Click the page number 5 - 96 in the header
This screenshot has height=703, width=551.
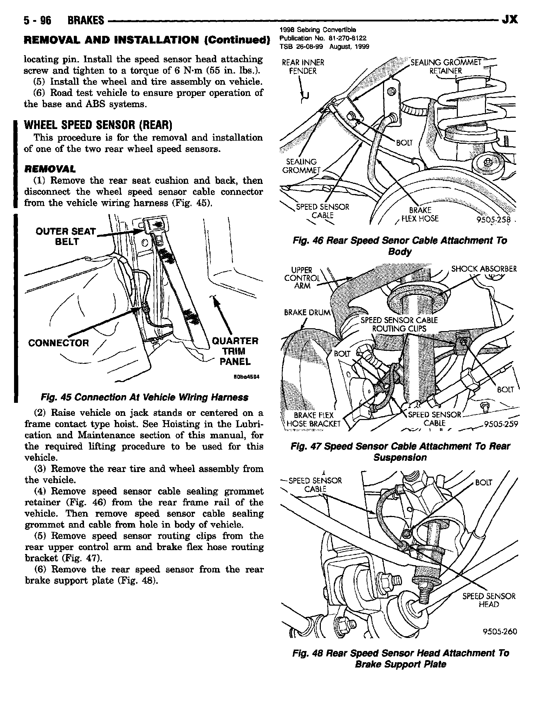pyautogui.click(x=37, y=20)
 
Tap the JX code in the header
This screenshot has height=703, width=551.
pyautogui.click(x=510, y=19)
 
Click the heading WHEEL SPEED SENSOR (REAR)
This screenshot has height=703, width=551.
pyautogui.click(x=97, y=125)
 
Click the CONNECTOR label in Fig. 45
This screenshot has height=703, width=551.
pyautogui.click(x=59, y=343)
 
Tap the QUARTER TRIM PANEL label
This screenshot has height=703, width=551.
pyautogui.click(x=235, y=351)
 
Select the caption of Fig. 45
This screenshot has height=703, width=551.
pyautogui.click(x=144, y=397)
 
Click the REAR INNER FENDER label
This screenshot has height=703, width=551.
pyautogui.click(x=303, y=67)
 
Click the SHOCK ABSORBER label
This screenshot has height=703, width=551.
pyautogui.click(x=484, y=269)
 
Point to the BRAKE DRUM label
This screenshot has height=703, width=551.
pyautogui.click(x=307, y=312)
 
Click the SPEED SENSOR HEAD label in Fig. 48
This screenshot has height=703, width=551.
pyautogui.click(x=488, y=600)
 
